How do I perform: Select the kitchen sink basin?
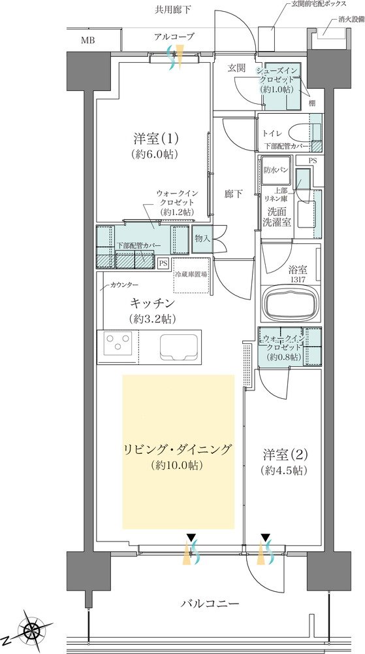coord(178,346)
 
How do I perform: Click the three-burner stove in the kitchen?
coord(116,343)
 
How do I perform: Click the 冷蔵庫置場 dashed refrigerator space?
coord(192,276)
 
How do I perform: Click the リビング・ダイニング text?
coord(177,450)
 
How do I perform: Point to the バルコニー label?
coord(210,604)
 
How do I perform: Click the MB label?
coord(87,41)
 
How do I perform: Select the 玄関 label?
coord(236,68)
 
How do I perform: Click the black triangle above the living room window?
coord(191,536)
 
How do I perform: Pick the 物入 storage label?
coord(202,239)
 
